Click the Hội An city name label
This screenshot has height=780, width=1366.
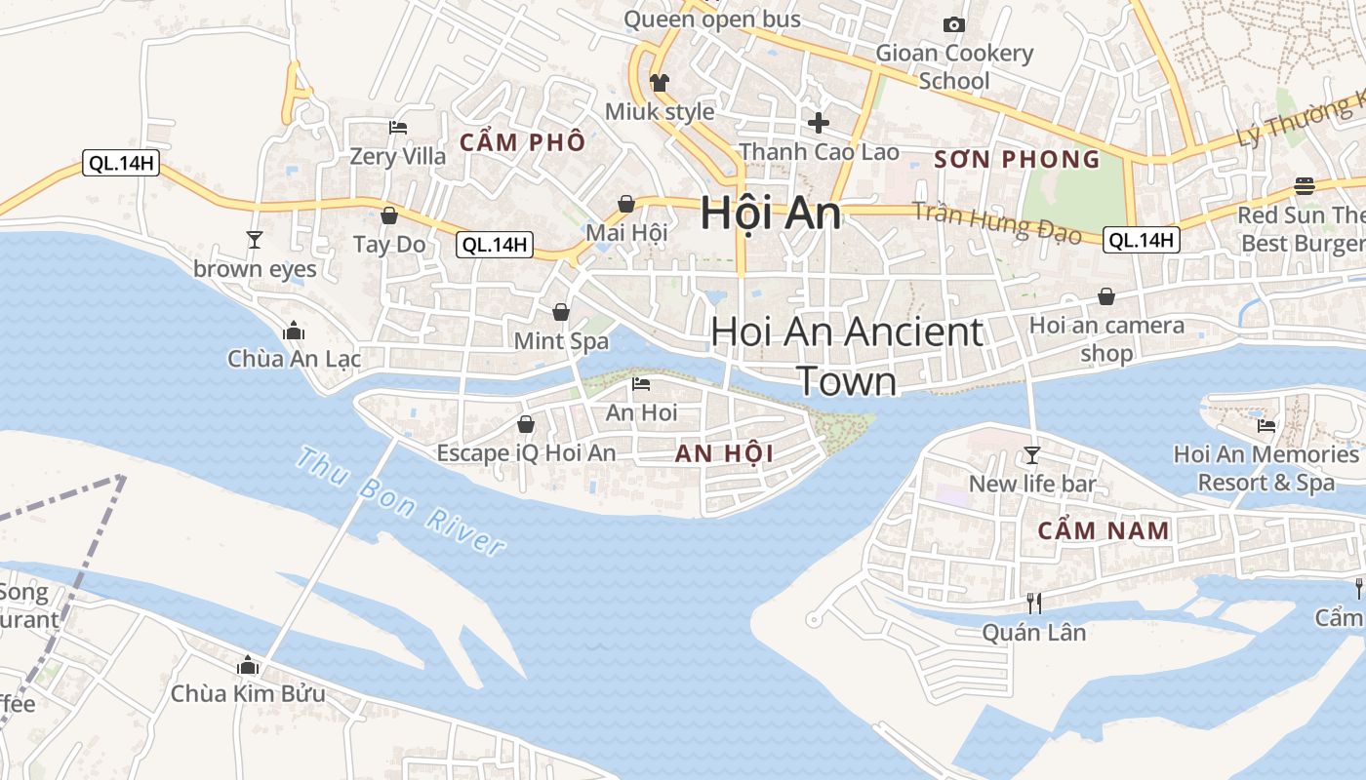tap(771, 214)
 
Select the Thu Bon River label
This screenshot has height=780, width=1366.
tap(401, 501)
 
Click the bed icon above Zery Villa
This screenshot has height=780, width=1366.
tap(397, 127)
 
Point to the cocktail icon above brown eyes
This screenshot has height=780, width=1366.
tap(255, 239)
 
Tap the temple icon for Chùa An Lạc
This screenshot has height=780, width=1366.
tap(294, 331)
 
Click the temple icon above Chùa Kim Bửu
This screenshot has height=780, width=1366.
tap(248, 665)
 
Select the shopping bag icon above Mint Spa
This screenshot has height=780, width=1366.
tap(561, 312)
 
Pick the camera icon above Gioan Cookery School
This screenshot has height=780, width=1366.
tap(954, 24)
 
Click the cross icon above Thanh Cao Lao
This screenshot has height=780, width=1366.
tap(819, 123)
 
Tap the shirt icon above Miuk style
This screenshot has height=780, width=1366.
tap(660, 83)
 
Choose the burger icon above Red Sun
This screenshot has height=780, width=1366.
tap(1305, 185)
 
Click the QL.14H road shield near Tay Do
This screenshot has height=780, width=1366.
tap(496, 245)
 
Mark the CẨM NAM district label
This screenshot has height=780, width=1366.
tap(1104, 530)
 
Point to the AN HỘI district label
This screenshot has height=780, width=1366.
tap(724, 453)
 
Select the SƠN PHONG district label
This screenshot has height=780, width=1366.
tap(1017, 159)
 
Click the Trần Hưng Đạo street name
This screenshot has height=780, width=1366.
tap(996, 223)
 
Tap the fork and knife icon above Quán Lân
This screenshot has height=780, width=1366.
tap(1034, 604)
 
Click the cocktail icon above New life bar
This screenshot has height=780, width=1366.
tap(1031, 454)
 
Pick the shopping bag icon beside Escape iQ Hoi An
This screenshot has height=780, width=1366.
tap(526, 424)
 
